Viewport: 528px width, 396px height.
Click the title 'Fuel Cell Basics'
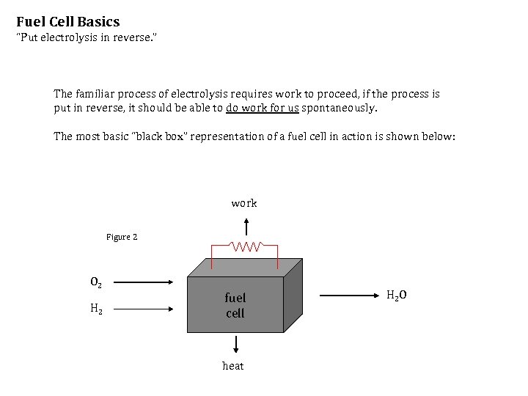point(67,22)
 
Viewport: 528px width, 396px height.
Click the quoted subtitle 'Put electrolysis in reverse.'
point(87,37)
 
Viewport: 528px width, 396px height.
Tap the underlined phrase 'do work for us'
point(262,108)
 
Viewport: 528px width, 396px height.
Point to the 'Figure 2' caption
point(122,237)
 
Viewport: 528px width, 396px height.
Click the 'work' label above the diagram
point(244,203)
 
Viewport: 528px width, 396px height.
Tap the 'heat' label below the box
point(233,366)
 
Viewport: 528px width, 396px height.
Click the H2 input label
point(96,309)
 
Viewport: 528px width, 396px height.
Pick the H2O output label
point(397,295)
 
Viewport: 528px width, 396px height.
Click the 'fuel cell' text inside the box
point(235,305)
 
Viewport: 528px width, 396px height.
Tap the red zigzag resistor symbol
point(244,246)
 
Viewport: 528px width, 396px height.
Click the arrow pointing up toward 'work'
point(245,225)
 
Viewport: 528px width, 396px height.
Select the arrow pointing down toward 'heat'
point(236,345)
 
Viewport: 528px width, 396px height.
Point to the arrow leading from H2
point(144,309)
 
